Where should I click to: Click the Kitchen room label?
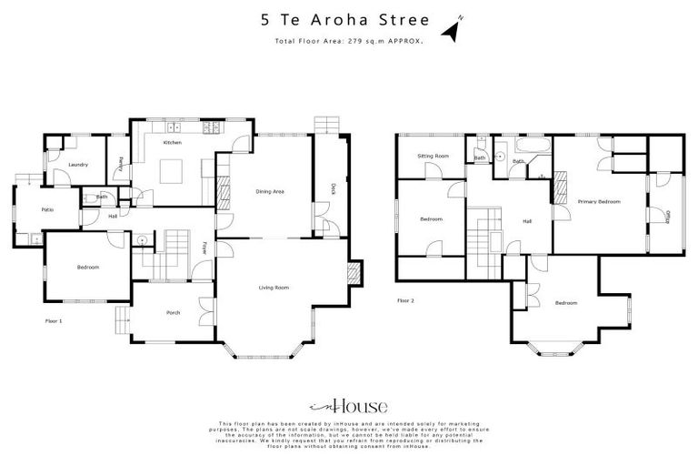click(172, 143)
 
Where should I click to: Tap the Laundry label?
click(77, 164)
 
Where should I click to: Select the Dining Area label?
click(270, 191)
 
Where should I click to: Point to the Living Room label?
click(274, 288)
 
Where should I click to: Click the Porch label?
click(173, 312)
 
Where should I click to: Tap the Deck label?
click(334, 188)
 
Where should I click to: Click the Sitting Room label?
click(434, 157)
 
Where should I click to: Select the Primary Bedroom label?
click(599, 201)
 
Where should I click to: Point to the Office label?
click(668, 216)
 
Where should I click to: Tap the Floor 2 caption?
click(405, 299)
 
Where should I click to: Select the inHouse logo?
click(348, 406)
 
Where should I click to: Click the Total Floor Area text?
click(348, 42)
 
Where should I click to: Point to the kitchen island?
click(171, 170)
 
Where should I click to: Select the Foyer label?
click(204, 247)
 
